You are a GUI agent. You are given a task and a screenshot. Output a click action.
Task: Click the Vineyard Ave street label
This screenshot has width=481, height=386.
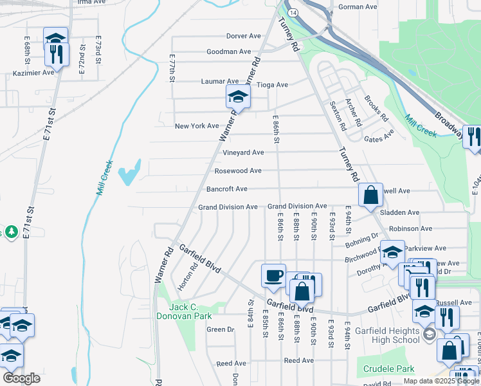[243, 152]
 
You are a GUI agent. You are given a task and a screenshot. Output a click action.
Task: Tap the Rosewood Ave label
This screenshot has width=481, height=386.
[237, 170]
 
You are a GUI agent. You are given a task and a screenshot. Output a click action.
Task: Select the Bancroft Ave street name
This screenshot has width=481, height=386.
[227, 189]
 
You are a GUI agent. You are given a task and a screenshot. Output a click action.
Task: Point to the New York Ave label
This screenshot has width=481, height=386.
[197, 125]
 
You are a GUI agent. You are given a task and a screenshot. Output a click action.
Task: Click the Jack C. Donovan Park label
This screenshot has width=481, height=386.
[184, 311]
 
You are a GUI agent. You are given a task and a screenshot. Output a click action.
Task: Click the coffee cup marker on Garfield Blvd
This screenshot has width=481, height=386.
[273, 275]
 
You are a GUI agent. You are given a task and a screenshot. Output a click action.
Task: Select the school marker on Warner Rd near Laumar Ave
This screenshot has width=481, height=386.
[238, 98]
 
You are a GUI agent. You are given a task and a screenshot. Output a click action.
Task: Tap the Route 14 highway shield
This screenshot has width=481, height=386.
[293, 12]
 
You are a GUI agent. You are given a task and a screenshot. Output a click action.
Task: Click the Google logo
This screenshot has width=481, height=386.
[22, 378]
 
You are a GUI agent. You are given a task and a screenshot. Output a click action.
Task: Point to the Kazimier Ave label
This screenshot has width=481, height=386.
[33, 73]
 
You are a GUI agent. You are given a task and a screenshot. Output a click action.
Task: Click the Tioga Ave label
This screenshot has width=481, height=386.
[272, 84]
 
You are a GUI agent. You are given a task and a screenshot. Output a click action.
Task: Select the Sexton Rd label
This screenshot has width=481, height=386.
[338, 114]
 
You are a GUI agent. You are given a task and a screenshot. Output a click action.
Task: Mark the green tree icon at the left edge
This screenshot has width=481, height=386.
[11, 231]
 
